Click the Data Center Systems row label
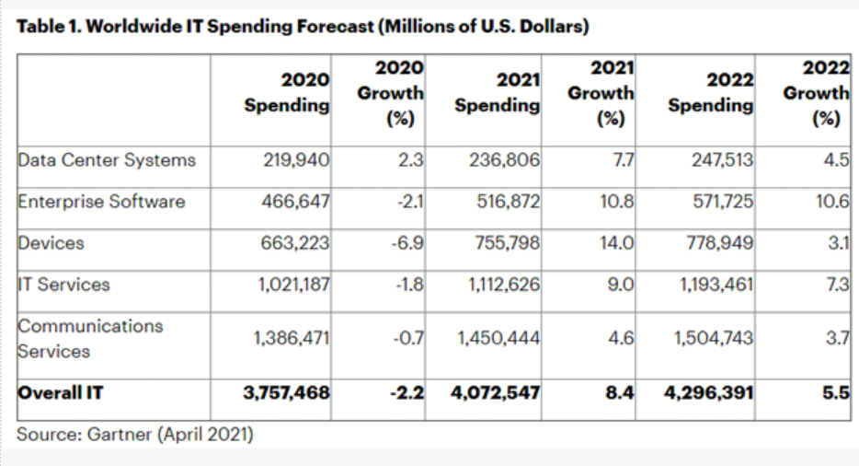tap(108, 159)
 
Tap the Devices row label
tap(52, 243)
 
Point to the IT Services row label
tap(63, 285)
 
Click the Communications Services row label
tap(90, 338)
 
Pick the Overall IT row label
tap(61, 392)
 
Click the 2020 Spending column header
tap(286, 94)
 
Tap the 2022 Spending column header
tap(711, 94)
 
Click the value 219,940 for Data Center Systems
tap(297, 159)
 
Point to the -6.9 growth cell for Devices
tap(407, 243)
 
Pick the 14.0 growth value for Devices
tap(619, 243)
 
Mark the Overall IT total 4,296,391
tap(709, 392)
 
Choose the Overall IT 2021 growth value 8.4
tap(620, 392)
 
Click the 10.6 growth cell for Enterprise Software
tap(830, 201)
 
